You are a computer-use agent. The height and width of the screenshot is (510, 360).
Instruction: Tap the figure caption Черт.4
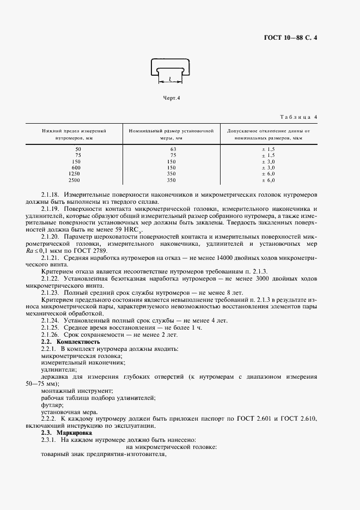172,98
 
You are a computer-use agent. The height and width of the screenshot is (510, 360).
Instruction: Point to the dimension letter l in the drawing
171,78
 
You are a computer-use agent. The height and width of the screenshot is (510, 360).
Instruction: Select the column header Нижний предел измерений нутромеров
74,135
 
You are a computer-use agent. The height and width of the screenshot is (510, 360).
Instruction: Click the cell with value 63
173,149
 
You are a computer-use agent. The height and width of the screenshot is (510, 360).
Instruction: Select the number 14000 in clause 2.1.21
246,258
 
